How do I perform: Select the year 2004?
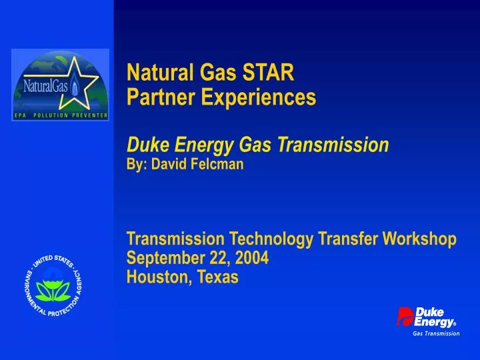[253, 257]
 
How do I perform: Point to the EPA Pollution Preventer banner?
[60, 116]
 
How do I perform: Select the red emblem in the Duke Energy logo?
[405, 316]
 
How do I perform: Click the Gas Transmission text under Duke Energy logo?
[436, 333]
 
